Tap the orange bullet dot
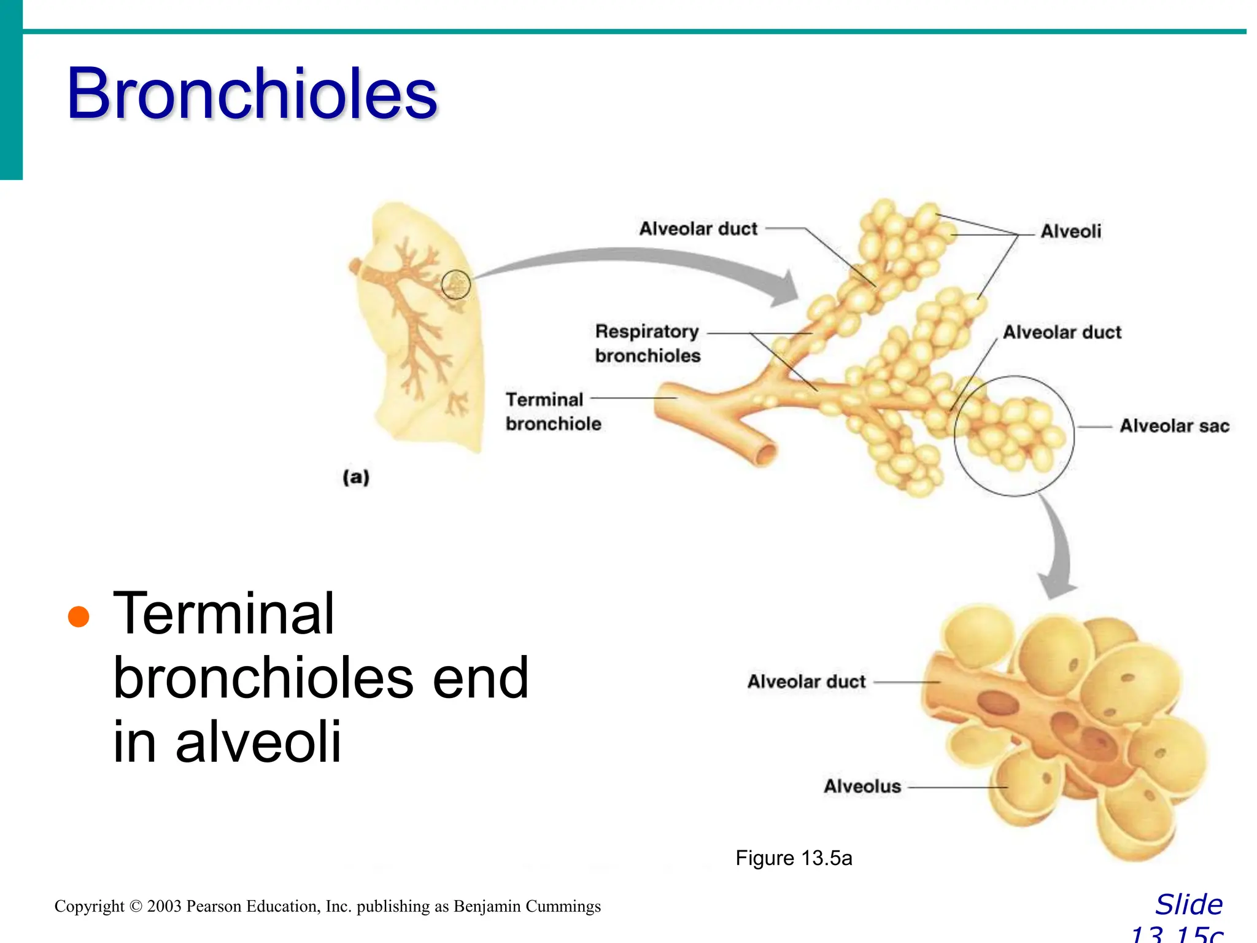[79, 616]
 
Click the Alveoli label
[1070, 231]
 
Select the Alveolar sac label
[1174, 426]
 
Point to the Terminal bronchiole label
[552, 411]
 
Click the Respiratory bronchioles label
[648, 343]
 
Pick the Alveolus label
[862, 786]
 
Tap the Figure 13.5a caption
[794, 858]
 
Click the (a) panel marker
[356, 477]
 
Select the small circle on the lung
[456, 285]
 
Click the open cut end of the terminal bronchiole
[765, 455]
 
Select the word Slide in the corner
[1189, 904]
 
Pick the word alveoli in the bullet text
[258, 742]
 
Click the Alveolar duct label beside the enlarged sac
[806, 681]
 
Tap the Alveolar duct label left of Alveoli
[698, 229]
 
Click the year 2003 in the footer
[164, 906]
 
